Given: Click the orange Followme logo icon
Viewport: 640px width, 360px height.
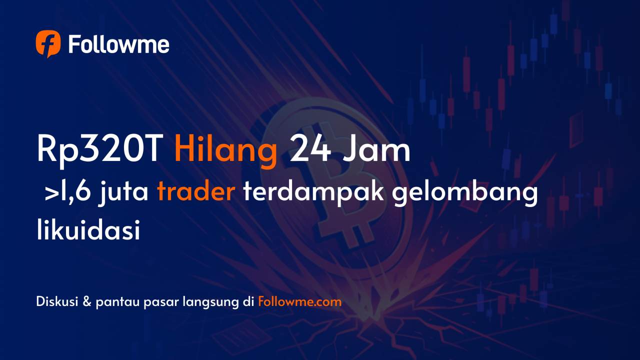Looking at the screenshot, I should pyautogui.click(x=48, y=44).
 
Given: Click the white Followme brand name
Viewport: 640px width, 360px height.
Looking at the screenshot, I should pyautogui.click(x=118, y=45).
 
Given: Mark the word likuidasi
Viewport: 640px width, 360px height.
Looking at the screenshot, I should pyautogui.click(x=88, y=231).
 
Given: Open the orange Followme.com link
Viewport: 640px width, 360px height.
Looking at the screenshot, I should pyautogui.click(x=300, y=302).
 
